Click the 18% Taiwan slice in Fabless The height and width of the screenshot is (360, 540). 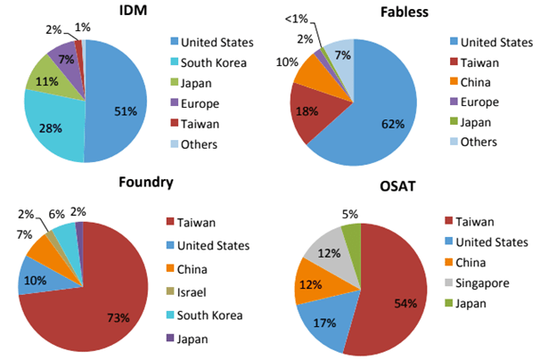(x=307, y=111)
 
